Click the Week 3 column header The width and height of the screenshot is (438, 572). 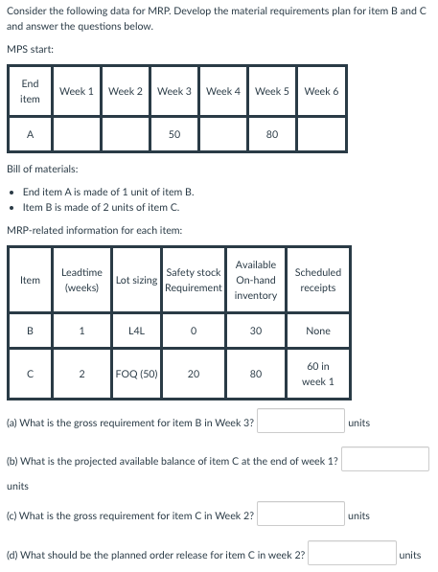coord(174,92)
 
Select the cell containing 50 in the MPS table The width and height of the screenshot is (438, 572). coord(174,135)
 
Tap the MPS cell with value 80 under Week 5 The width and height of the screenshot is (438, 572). coord(272,135)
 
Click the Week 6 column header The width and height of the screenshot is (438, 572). coord(321,92)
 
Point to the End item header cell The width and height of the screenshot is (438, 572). coord(29,92)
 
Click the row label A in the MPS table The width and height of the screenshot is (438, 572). coord(29,135)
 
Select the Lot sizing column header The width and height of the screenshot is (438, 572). coord(137,280)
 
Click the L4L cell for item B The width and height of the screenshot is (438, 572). coord(137,331)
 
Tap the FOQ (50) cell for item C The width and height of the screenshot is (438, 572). coord(137,374)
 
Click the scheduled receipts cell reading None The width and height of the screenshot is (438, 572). coord(318,331)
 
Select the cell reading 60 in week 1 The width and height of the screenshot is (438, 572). coord(318,374)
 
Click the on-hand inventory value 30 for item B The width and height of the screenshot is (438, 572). coord(255,331)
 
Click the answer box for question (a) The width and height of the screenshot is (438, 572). coord(300,422)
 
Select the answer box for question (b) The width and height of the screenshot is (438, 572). coord(385,459)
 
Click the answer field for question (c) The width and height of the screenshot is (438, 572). coord(300,515)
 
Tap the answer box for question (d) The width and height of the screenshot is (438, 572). coord(351,554)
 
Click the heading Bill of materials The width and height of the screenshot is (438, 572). coord(49,169)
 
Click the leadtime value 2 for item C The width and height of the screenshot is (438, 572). coord(82,374)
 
